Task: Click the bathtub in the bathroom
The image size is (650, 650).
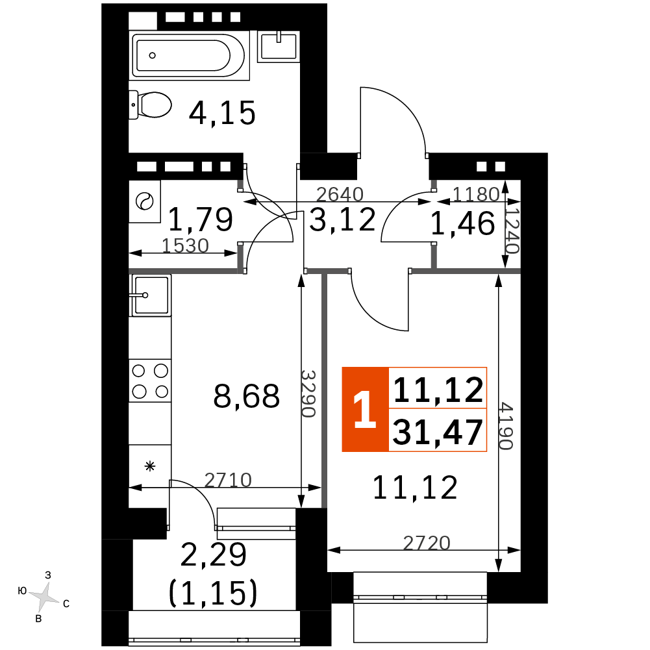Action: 189,55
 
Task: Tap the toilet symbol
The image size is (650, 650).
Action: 150,105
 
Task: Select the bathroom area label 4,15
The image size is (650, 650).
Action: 222,113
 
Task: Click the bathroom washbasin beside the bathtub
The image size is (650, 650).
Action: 279,47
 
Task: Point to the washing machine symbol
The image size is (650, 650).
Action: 145,201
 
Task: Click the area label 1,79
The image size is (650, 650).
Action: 201,219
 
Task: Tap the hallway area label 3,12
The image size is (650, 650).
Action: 342,219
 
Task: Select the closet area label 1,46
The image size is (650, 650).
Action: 462,223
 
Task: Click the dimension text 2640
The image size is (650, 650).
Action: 340,194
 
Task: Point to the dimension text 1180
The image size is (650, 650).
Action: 476,194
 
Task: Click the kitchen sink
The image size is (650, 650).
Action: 150,295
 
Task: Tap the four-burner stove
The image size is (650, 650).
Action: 150,381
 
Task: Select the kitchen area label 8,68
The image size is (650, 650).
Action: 247,396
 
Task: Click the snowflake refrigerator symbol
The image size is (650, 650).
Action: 150,466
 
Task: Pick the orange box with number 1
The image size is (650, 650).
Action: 365,409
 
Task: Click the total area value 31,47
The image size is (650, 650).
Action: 438,432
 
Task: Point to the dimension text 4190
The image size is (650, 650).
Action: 506,426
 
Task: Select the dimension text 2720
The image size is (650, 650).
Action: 427,543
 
